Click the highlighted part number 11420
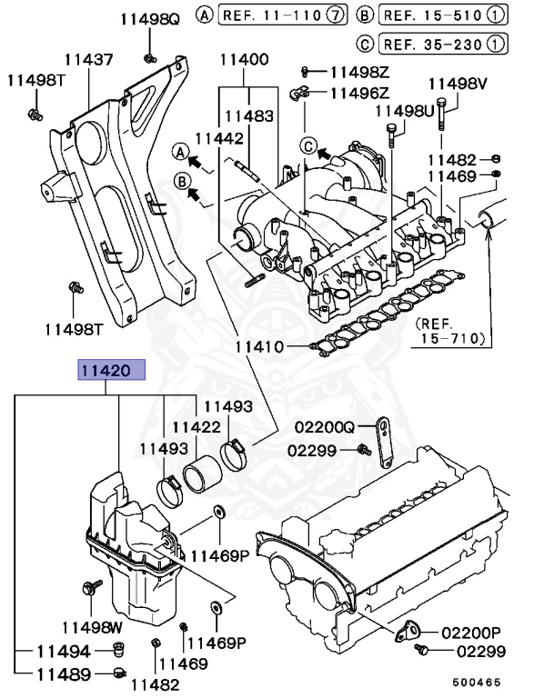pos(108,371)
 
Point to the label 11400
pos(244,60)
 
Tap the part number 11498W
pos(92,627)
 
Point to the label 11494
pos(63,652)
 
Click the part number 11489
pos(63,674)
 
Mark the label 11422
pos(196,425)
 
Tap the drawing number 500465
pos(478,682)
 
